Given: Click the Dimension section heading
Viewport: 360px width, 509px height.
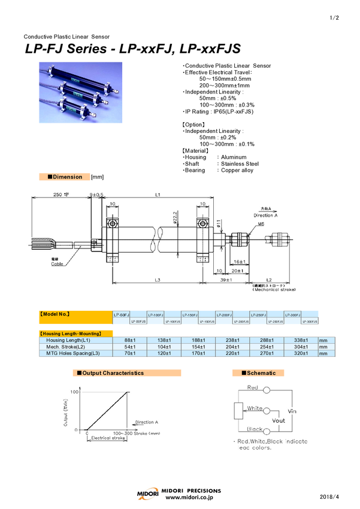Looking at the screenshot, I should coord(68,177).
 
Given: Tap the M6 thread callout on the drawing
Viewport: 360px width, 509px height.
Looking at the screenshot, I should coord(261,224).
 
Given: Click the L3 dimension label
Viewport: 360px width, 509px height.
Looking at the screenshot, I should coord(158,280).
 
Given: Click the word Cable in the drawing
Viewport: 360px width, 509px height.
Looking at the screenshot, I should coord(57,263).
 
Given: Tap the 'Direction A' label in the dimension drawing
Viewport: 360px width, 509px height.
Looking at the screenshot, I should coord(263,214).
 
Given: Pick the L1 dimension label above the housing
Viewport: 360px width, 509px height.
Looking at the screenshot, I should coord(158,195).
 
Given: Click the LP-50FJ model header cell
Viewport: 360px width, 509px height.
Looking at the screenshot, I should coord(122,314).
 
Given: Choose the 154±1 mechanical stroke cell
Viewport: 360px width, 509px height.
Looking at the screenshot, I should coord(190,347).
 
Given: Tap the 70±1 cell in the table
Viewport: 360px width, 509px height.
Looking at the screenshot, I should coord(122,353).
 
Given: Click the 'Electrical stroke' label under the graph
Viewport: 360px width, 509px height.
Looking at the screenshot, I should coord(108,438).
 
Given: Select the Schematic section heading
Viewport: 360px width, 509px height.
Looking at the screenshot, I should coord(259,373).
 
